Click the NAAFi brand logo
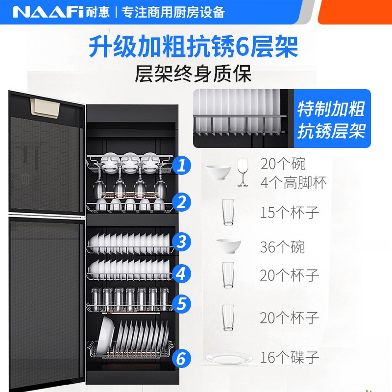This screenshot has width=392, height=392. point(48,12)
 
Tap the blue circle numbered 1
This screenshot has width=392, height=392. point(182,165)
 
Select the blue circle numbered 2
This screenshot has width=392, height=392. point(182,202)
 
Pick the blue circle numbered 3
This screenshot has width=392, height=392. point(182,242)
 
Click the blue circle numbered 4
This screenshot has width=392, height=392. point(182,273)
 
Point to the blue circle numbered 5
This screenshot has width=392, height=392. point(182,304)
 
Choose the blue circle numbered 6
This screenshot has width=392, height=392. point(182,358)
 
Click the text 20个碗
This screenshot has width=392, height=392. point(283,164)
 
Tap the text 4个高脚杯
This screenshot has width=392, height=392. point(294,182)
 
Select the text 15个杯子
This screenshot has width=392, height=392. point(290,213)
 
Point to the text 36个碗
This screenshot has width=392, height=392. point(282,247)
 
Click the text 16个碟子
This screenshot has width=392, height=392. point(290,357)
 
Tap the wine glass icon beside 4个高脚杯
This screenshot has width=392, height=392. point(243,172)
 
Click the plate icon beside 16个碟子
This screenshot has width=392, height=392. point(229,358)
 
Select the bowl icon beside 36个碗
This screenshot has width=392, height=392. point(228,246)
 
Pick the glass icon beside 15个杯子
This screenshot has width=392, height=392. point(228,212)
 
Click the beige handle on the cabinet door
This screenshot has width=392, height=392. point(45,107)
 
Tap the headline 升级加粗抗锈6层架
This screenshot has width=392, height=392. point(194,47)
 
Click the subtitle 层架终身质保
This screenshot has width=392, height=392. point(193,74)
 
